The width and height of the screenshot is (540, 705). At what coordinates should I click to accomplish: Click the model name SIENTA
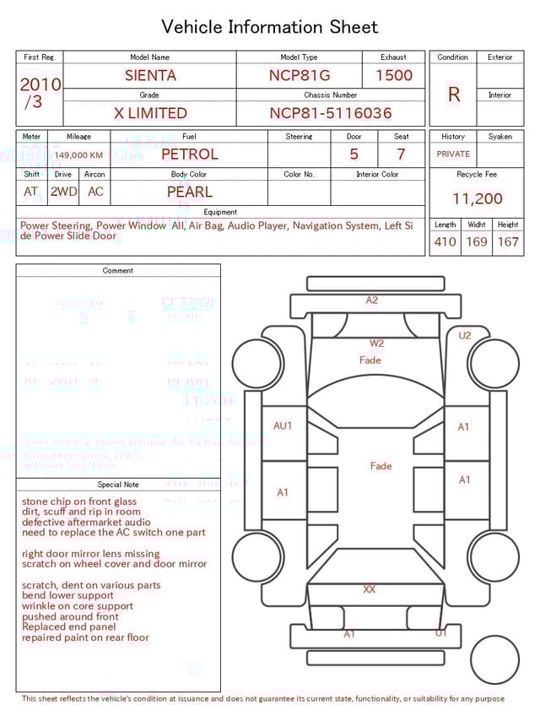click(x=150, y=75)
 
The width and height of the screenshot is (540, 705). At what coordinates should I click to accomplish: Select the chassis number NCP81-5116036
click(x=331, y=113)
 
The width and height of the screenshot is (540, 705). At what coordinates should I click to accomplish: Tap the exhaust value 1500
click(x=394, y=75)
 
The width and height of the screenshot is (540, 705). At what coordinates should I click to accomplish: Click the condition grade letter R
click(x=454, y=95)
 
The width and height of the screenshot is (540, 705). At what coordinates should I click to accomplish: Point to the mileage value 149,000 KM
click(x=78, y=155)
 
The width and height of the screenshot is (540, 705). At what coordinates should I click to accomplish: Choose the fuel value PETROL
click(x=189, y=155)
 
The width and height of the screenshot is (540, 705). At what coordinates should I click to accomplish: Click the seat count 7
click(x=401, y=155)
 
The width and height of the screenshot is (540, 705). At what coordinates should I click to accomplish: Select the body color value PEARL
click(x=189, y=192)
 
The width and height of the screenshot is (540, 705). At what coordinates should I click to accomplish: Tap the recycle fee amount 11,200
click(x=478, y=198)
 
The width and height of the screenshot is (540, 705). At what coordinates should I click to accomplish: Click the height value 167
click(x=508, y=241)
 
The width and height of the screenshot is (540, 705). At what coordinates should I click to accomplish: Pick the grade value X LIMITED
click(x=150, y=113)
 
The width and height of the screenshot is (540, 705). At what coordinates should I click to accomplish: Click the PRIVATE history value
click(x=453, y=155)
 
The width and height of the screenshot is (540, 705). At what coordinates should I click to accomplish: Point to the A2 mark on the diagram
click(x=372, y=300)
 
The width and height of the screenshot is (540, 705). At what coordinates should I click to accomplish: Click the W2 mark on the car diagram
click(x=376, y=343)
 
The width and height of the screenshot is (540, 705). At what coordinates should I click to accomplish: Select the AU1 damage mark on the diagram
click(x=283, y=426)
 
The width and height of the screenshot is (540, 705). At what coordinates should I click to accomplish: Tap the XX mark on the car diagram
click(x=369, y=588)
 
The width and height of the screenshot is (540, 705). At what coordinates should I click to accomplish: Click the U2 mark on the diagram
click(x=465, y=335)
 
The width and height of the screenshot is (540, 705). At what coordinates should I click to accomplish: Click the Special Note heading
click(x=118, y=485)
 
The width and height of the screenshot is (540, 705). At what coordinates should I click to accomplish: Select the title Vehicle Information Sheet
click(x=270, y=27)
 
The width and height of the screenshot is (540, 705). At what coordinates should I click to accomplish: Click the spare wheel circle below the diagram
click(x=494, y=659)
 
